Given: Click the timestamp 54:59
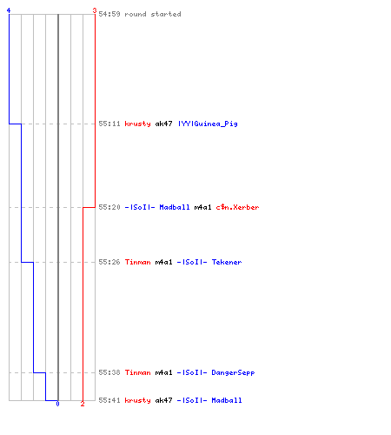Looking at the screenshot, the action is pos(109,14).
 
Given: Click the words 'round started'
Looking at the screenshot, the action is pos(153,14).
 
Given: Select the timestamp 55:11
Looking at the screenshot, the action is pos(109,124).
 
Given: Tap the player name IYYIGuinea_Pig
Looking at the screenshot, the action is pos(208,124).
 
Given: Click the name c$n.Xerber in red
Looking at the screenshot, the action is pos(237,207).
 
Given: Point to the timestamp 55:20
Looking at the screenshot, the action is pos(109,207).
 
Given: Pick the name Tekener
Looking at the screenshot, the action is pos(227,262).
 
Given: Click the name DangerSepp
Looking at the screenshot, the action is pos(233,372).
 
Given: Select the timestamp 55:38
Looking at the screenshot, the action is pos(109,372).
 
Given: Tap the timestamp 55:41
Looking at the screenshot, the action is pos(109,400).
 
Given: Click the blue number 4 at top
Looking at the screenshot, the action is pos(9,10).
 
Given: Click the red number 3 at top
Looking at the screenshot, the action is pos(95,10).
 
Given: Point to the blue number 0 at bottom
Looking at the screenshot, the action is pos(57,404).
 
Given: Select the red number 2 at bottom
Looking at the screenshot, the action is pos(83,404).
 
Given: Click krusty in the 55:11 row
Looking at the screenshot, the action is pos(137,124).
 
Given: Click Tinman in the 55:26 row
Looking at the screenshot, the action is pos(137,262).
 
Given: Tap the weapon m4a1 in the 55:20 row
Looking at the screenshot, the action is pos(202,207).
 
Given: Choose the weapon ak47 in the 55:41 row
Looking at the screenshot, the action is pos(163,400).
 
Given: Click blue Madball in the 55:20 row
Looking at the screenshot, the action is pos(175,207).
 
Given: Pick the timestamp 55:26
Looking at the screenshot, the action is pos(109,262).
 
